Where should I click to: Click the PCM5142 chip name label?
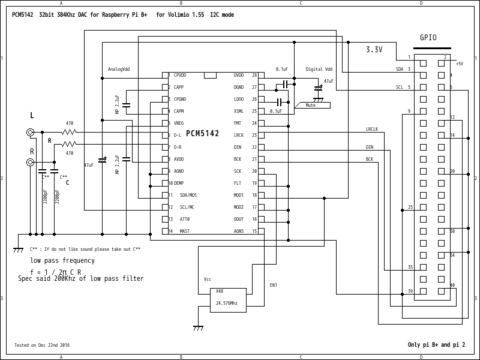point(202,133)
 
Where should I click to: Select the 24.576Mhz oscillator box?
point(227,298)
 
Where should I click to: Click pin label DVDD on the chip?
point(239,76)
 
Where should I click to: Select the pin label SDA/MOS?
point(188,196)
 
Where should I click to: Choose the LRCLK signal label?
point(372,129)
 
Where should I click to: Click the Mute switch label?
point(311,105)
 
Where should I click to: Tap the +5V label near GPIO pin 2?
point(459,64)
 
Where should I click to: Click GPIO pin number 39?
point(410,291)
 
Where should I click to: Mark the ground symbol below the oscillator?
point(197,328)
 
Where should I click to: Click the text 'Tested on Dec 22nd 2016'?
point(42,345)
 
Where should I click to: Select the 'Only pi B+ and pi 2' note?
point(436,345)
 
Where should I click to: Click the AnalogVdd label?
point(118,69)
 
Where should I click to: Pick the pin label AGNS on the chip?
point(239,231)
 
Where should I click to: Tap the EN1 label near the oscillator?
point(273,285)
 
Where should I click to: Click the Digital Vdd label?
point(319,69)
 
